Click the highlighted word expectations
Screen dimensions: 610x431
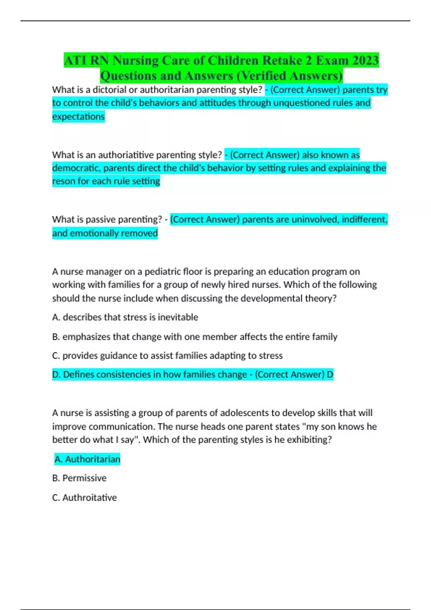tap(78, 117)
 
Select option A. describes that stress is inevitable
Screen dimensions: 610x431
tap(125, 317)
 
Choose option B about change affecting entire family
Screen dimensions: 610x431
tap(195, 337)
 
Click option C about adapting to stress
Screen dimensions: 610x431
tap(167, 356)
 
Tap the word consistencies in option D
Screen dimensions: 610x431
tap(124, 375)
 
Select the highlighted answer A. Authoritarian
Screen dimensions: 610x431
tap(87, 459)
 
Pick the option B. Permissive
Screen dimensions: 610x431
tap(79, 478)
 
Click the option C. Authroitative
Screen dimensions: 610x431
tap(84, 498)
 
